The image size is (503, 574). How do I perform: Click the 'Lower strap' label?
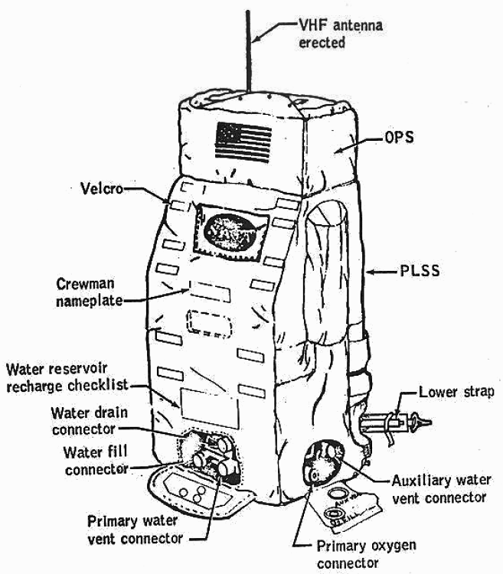(458, 393)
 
